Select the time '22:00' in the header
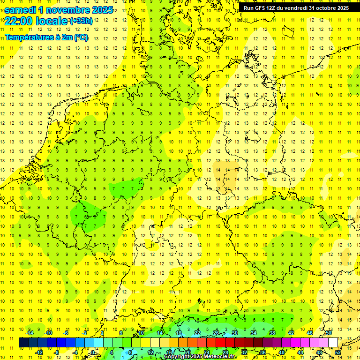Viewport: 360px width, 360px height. pos(18,21)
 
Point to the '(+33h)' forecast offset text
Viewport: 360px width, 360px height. pos(81,21)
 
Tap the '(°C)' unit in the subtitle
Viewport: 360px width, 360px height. pos(81,37)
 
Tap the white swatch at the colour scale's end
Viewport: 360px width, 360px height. pos(333,343)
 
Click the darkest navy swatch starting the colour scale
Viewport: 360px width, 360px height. pos(24,343)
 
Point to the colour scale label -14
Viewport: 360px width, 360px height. pos(30,333)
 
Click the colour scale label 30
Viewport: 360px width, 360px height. pos(235,333)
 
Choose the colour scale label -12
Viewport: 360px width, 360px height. pos(39,352)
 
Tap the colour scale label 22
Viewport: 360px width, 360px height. pos(197,333)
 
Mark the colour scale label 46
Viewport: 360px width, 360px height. pos(310,333)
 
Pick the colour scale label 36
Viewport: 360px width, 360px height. pos(263,352)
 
